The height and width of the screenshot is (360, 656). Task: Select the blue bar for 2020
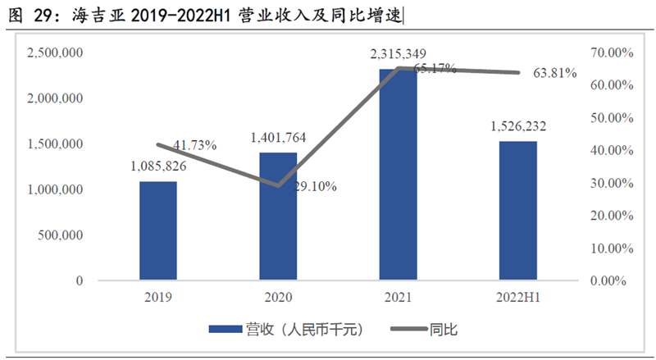pos(278,216)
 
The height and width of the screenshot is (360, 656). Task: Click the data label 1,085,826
pos(157,166)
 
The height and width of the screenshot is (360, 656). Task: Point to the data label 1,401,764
pos(278,138)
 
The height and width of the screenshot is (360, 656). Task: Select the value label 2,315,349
pos(398,54)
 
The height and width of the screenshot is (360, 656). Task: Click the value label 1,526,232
pos(518,126)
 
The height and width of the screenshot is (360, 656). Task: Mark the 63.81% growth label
pos(555,73)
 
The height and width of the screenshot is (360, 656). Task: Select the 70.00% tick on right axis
pos(612,52)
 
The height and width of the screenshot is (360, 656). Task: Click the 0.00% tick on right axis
pos(614,280)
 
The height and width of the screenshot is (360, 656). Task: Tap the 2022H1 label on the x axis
pos(518,297)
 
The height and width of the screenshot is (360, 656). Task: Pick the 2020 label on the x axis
pos(278,297)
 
